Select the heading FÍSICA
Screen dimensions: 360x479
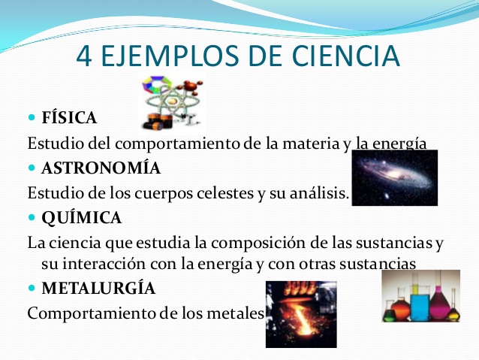click(69, 119)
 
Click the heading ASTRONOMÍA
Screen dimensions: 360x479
click(101, 168)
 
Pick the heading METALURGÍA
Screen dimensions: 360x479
click(99, 288)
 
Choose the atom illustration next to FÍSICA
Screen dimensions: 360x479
click(172, 104)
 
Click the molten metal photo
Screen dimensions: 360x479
click(300, 314)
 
